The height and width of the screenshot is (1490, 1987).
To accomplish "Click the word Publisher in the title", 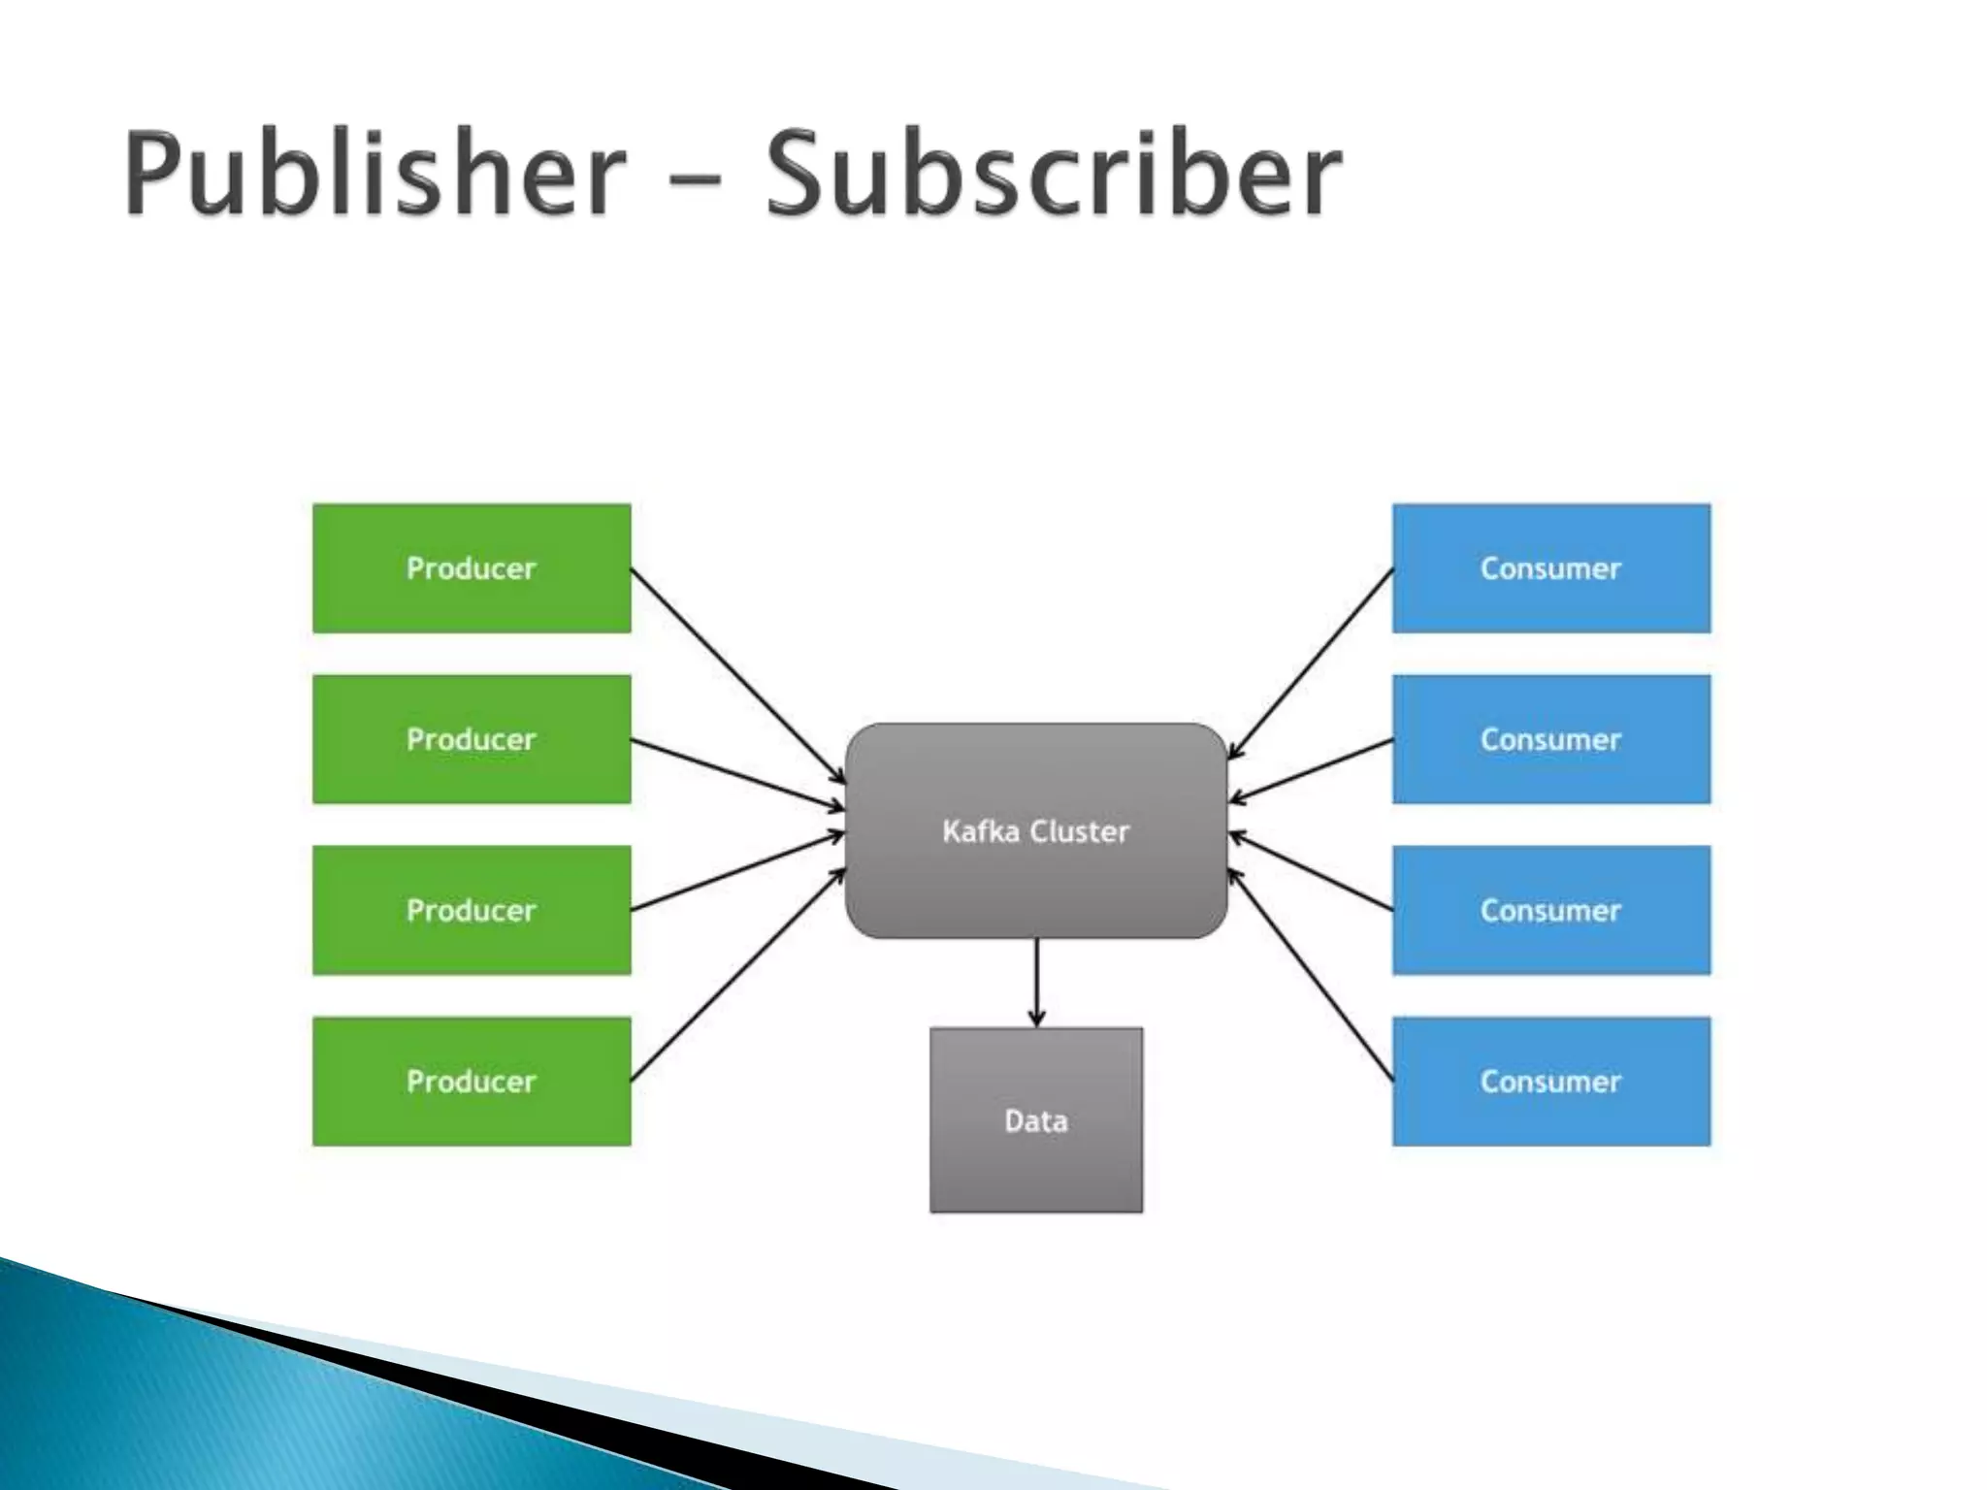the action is coord(375,175).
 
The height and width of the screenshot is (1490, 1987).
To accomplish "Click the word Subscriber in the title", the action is coord(1054,175).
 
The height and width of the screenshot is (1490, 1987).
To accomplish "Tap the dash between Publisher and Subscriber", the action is coord(695,180).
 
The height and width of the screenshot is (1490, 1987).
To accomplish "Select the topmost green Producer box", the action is coord(472,568).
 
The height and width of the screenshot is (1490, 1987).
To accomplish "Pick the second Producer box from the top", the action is coord(472,739).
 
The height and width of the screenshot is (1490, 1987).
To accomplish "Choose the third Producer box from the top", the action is coord(472,910).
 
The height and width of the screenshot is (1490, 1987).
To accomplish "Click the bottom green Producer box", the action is coord(472,1081).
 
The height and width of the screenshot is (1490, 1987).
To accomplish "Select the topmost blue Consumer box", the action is coord(1550,568).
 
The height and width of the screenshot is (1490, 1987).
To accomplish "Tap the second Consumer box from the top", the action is coord(1550,739).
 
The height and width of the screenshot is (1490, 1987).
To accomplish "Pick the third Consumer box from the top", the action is coord(1550,910).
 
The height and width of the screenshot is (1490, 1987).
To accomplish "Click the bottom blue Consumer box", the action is coord(1550,1081).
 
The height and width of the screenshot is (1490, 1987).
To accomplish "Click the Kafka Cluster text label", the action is coord(1036,831).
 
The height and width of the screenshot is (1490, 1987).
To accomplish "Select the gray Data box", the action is coord(1036,1120).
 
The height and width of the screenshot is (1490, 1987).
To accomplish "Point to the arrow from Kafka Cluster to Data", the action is coord(1036,982).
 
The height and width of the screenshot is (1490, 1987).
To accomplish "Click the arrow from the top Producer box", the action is coord(737,675).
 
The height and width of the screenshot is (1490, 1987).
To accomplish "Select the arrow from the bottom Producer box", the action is coord(737,975).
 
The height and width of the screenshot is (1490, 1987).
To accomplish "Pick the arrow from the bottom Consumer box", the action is coord(1312,975).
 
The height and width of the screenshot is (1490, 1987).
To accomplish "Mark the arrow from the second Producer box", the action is coord(737,774).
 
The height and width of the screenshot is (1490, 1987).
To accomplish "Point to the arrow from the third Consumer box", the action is coord(1312,872).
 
